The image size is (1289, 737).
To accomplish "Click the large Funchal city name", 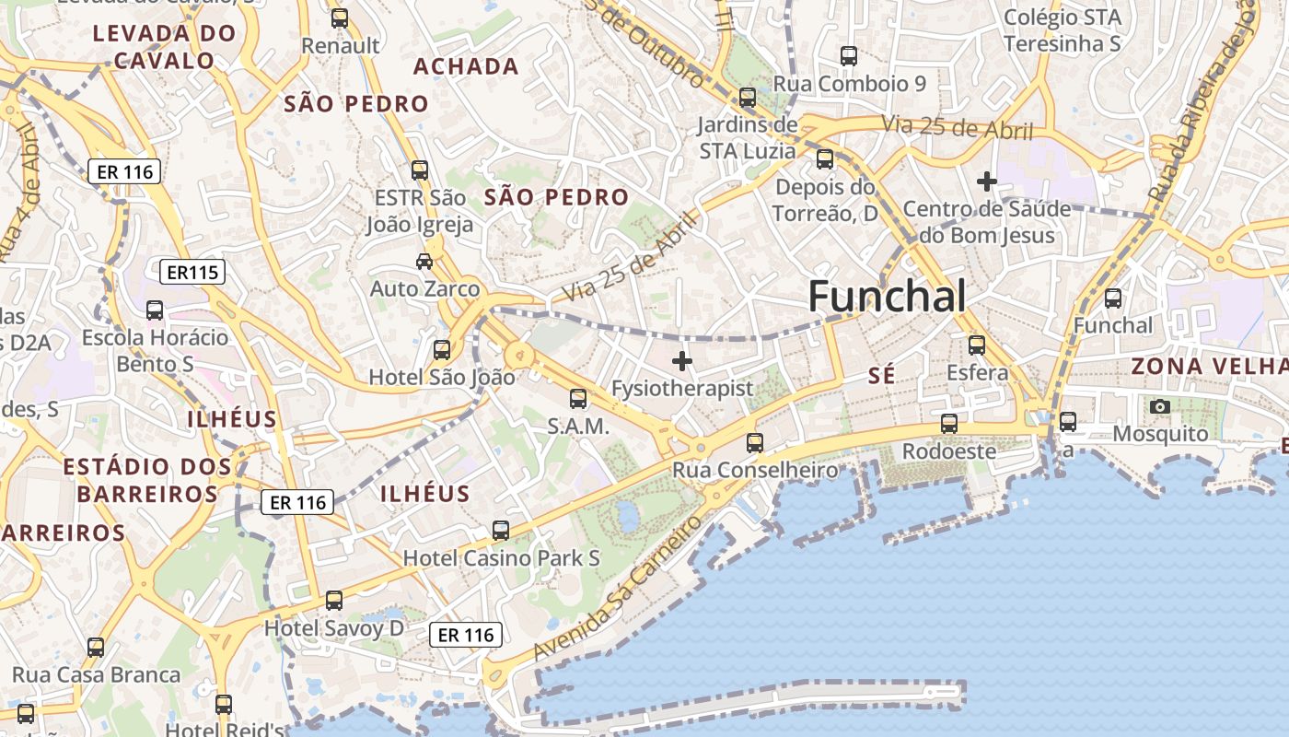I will [887, 297].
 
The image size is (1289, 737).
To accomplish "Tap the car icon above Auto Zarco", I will [424, 262].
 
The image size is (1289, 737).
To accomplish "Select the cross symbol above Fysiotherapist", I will [682, 361].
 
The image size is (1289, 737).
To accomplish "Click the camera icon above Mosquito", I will [1160, 406].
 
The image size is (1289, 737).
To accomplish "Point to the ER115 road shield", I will [192, 272].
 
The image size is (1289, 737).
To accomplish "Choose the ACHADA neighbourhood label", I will [466, 66].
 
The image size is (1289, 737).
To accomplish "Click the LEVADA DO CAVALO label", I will [165, 47].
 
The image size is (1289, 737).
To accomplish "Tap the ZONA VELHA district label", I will [1209, 366].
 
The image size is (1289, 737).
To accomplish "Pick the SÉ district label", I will [882, 375].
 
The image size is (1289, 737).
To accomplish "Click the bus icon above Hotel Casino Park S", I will [501, 531].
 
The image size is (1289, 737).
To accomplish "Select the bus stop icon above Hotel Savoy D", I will [334, 601].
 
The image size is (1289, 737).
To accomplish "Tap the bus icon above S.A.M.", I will [578, 399].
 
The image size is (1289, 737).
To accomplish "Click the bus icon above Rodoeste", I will [949, 424].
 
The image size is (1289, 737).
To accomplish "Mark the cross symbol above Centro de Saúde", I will [987, 181].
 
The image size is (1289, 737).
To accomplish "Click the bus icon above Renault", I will [340, 18].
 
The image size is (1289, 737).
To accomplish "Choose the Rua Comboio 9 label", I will [850, 84].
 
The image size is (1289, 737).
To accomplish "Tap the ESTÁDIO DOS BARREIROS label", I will [147, 480].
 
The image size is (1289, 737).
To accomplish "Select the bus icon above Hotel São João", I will [442, 350].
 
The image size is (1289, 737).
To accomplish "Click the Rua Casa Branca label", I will [96, 675].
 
